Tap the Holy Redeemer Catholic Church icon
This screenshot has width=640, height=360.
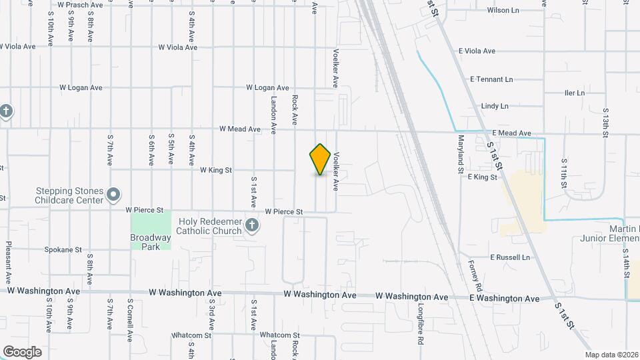pos(251,225)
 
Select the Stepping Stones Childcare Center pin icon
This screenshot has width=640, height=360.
pos(114,195)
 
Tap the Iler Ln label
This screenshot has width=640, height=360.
pos(574,93)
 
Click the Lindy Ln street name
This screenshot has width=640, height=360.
pos(495,106)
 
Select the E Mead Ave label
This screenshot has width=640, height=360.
pos(511,133)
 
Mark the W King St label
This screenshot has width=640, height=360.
pos(216,171)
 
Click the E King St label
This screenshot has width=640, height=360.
pos(483,177)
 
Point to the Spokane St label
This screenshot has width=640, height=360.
pos(63,250)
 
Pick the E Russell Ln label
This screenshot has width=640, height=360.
pos(510,257)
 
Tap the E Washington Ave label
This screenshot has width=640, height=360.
pos(505,299)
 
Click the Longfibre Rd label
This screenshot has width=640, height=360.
pos(421,324)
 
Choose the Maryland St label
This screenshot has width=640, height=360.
pos(461,155)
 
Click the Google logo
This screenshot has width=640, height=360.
pos(22,351)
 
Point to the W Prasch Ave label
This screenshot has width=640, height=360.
pos(80,5)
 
